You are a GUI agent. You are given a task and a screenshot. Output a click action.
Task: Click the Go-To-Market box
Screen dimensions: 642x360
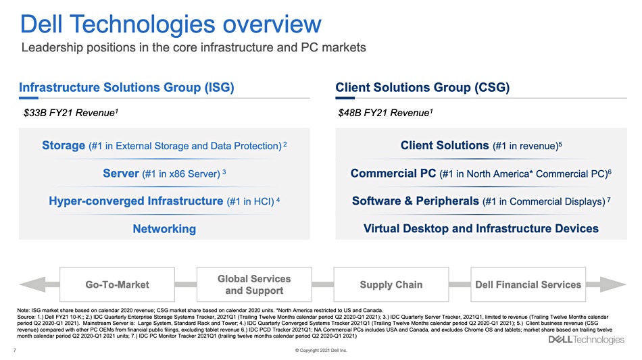[117, 284]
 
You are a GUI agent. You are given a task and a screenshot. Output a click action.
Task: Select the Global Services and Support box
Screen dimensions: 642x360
[254, 284]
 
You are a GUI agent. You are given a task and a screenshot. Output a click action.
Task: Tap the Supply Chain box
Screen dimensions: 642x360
[391, 284]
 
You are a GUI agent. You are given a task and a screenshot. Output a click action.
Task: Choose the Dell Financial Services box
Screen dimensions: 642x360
[528, 284]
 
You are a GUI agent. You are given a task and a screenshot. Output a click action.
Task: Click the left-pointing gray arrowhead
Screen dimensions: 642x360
[32, 284]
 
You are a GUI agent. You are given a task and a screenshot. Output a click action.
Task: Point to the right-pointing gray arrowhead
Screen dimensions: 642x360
[613, 284]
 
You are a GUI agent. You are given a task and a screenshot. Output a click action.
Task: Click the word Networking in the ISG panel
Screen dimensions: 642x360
[164, 229]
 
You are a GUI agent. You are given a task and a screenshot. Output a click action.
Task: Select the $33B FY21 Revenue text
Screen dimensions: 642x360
[71, 113]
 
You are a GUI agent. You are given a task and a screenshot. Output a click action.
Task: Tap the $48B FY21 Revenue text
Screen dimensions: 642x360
[385, 113]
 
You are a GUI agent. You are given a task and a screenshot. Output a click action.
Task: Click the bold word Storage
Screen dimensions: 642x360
[64, 145]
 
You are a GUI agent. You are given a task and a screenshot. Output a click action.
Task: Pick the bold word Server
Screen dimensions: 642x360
[121, 173]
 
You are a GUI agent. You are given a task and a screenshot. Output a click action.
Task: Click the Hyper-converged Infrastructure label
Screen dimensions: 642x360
[136, 201]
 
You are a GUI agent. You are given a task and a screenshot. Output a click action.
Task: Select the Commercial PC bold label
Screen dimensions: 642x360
[393, 173]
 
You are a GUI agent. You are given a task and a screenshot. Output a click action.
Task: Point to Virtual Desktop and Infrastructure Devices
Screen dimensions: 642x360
[481, 228]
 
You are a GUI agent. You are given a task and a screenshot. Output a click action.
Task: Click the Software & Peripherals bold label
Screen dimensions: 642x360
[416, 201]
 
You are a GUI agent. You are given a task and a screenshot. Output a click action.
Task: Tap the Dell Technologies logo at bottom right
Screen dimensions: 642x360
[587, 340]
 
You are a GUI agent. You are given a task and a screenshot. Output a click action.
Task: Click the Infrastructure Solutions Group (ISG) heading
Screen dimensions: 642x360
[126, 87]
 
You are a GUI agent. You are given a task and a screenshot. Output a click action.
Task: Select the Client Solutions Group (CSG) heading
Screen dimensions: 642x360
[422, 87]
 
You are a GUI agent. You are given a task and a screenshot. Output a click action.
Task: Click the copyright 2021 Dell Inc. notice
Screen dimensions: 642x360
[321, 350]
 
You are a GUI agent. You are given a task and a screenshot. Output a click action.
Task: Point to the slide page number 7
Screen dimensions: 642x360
[15, 350]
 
